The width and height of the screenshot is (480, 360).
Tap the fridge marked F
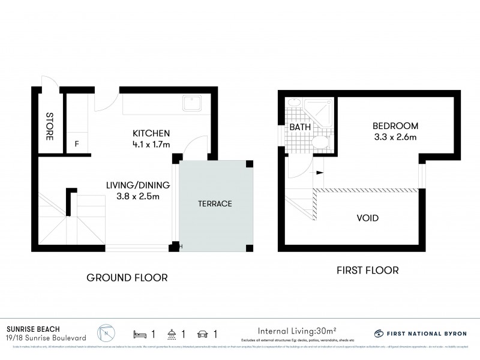pyautogui.click(x=76, y=143)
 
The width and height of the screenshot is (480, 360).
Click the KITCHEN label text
pyautogui.click(x=151, y=133)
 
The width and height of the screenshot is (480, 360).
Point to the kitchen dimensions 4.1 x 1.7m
pyautogui.click(x=151, y=144)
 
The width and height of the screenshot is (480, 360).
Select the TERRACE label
pyautogui.click(x=215, y=204)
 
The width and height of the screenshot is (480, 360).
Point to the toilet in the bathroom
pyautogui.click(x=320, y=142)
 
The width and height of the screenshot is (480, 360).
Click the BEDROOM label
pyautogui.click(x=395, y=126)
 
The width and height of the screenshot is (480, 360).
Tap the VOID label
pyautogui.click(x=367, y=218)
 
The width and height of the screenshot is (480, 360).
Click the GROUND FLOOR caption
pyautogui.click(x=127, y=277)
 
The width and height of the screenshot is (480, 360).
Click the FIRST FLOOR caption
pyautogui.click(x=368, y=271)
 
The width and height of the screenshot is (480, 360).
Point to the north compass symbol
pyautogui.click(x=106, y=334)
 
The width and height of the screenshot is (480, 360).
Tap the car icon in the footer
pyautogui.click(x=202, y=334)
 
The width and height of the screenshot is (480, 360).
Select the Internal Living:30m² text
pyautogui.click(x=297, y=331)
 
